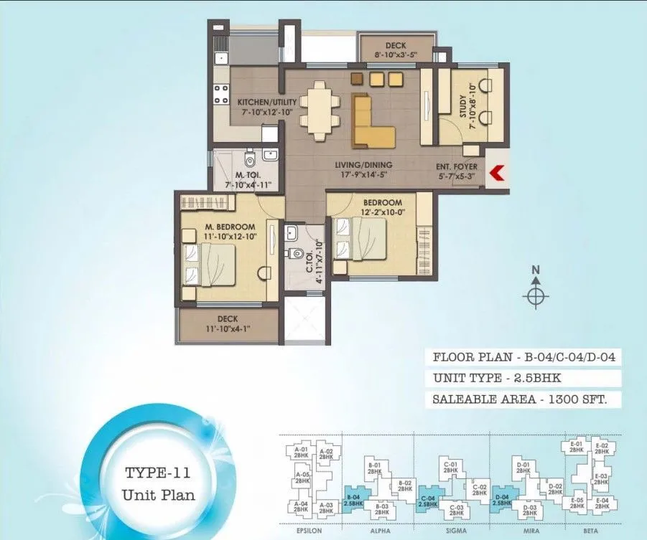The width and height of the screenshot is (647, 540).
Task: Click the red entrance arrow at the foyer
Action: pyautogui.click(x=495, y=172)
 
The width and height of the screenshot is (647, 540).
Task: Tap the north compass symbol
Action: pyautogui.click(x=535, y=295)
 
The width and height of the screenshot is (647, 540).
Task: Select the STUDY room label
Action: pyautogui.click(x=462, y=100)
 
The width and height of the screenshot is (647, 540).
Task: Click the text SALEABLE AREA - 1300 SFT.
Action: pyautogui.click(x=524, y=399)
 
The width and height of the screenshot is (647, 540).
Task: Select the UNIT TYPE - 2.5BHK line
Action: pyautogui.click(x=497, y=378)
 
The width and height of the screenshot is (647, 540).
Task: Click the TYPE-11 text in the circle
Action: pyautogui.click(x=157, y=473)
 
